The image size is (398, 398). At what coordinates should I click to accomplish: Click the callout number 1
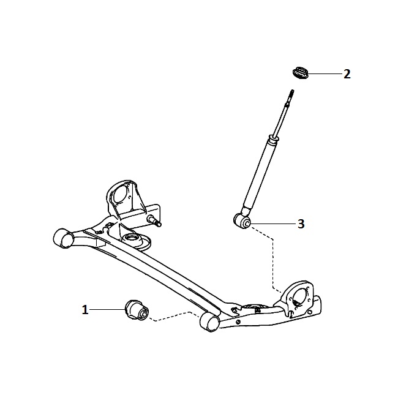pos(85,310)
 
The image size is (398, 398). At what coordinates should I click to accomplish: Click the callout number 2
pos(347,74)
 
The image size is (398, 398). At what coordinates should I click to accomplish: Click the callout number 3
pos(301,224)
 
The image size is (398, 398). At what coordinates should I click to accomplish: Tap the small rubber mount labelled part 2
pos(300,73)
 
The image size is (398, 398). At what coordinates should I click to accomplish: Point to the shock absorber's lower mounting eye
pos(242,221)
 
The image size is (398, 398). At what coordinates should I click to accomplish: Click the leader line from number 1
pos(107,309)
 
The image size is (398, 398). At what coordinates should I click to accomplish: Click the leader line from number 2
pos(325,74)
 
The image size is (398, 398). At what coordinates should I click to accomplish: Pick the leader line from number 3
pos(274,223)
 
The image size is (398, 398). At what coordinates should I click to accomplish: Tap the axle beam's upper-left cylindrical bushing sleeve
pos(63,238)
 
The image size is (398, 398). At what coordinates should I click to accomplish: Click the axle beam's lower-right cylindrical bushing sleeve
pos(209,322)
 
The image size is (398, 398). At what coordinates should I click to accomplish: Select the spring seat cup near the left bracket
pos(136,241)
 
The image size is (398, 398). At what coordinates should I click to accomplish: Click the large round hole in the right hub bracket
pos(300,297)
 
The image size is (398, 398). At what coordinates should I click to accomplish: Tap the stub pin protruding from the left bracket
pos(154,220)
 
